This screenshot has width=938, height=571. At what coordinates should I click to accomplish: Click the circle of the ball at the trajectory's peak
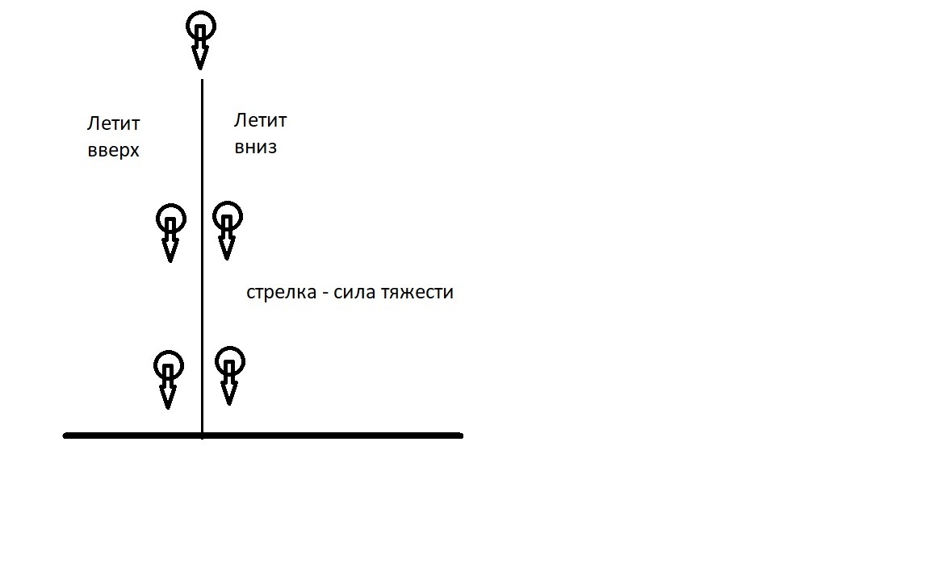201,27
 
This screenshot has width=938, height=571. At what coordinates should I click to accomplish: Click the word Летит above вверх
114,124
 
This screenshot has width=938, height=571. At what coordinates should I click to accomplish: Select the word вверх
114,151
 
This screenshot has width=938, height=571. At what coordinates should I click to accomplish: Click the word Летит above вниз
260,121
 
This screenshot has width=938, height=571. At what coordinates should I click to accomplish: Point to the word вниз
256,148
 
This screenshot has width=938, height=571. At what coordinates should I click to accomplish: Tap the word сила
352,292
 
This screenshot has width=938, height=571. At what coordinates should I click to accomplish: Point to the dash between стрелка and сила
323,293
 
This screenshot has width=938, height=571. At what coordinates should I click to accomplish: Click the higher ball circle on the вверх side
170,218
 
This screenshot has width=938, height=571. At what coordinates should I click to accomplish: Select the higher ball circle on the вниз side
228,216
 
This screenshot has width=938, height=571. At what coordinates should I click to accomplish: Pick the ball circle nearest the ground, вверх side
168,365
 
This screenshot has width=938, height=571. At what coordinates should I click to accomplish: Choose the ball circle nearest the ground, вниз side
230,361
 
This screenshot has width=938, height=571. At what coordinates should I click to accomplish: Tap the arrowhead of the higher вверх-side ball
170,251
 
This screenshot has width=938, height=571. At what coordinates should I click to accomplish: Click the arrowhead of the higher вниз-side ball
227,248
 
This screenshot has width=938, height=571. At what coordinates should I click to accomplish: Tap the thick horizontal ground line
323,436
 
